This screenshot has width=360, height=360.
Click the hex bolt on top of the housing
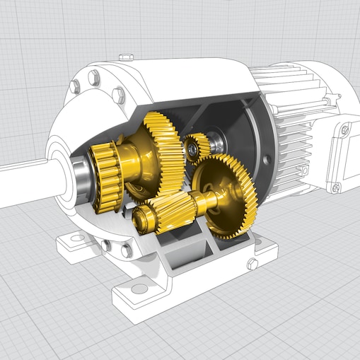[x=125, y=56]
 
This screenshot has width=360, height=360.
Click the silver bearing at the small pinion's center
[x=192, y=149]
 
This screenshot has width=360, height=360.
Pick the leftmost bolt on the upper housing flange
[x=75, y=86]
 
